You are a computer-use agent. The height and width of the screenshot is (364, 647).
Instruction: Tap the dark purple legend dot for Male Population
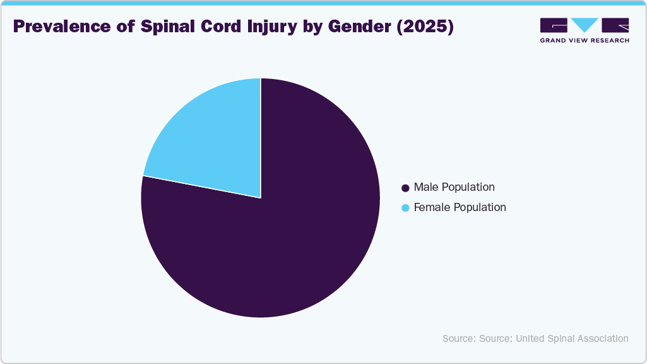(x=406, y=188)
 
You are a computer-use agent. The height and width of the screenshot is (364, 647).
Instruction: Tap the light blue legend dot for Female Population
(x=406, y=207)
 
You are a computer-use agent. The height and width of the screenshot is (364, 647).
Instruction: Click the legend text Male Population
(x=454, y=187)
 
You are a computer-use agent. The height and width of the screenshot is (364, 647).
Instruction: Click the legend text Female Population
(x=460, y=207)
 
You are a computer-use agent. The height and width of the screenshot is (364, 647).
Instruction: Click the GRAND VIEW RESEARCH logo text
(x=585, y=40)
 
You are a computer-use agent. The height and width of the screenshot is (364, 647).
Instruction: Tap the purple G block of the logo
(x=554, y=25)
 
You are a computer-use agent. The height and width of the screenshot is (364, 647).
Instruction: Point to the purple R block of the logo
(x=615, y=25)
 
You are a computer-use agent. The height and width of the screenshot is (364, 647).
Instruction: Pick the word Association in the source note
(x=603, y=339)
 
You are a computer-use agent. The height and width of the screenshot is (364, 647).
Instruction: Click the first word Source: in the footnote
(x=459, y=339)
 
